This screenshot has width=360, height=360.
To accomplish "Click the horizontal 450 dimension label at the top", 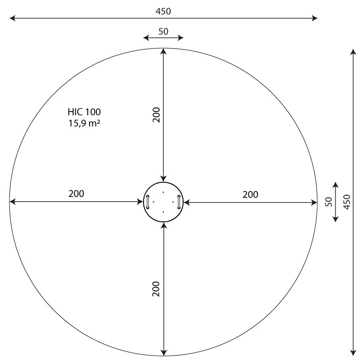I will click(163, 11).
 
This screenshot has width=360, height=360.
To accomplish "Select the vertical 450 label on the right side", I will click(346, 202).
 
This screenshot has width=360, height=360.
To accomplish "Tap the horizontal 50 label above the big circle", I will click(163, 31).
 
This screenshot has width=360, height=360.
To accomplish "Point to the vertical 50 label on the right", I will click(328, 202).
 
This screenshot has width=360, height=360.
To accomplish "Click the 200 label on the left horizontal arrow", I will click(76, 194).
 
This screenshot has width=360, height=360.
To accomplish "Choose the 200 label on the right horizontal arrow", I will click(250, 194).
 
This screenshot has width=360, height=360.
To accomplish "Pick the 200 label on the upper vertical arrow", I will click(156, 115).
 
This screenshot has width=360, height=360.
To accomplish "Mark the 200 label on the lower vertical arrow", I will click(156, 288).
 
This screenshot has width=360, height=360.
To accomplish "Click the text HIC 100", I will click(84, 112).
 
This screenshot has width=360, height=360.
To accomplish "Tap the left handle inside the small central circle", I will click(147, 202).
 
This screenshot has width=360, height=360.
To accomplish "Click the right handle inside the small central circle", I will click(179, 202).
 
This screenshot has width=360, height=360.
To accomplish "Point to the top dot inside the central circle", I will click(163, 193).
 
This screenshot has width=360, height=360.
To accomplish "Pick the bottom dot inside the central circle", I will click(163, 212).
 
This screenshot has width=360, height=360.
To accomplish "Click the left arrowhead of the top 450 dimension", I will click(12, 18).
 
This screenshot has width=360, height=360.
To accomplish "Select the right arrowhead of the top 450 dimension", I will click(315, 18).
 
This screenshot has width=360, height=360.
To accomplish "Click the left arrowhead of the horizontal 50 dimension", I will click(146, 38).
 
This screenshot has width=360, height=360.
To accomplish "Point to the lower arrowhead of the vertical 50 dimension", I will click(335, 218).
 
